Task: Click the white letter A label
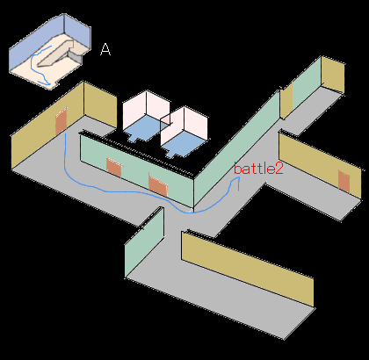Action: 105,49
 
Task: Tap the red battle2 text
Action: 258,169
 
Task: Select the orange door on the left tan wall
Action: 61,120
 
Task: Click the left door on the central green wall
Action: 114,168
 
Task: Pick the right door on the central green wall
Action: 157,185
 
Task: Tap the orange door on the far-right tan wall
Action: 344,181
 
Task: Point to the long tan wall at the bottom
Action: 248,269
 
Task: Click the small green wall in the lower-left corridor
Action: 144,242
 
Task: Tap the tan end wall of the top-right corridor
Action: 333,75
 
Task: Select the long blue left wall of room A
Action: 37,43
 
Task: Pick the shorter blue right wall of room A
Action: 77,31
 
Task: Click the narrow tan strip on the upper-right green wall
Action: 286,100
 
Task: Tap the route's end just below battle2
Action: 239,191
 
